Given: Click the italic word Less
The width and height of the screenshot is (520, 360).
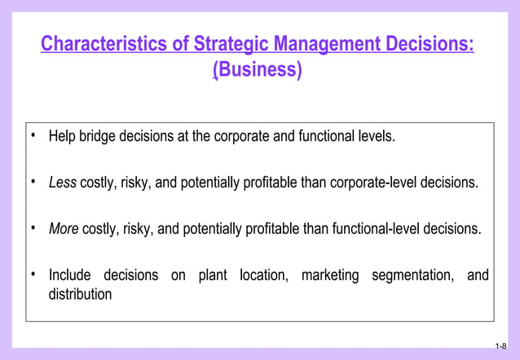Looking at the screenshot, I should tap(62, 182).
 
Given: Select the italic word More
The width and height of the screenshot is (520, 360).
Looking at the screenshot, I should tap(64, 229).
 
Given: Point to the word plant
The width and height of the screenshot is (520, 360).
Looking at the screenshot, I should tap(213, 275).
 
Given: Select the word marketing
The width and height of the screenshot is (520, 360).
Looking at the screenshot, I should tap(329, 275).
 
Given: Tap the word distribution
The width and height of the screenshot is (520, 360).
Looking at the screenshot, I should tap(80, 294).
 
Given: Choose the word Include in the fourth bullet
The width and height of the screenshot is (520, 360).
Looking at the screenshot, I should tap(69, 275).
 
